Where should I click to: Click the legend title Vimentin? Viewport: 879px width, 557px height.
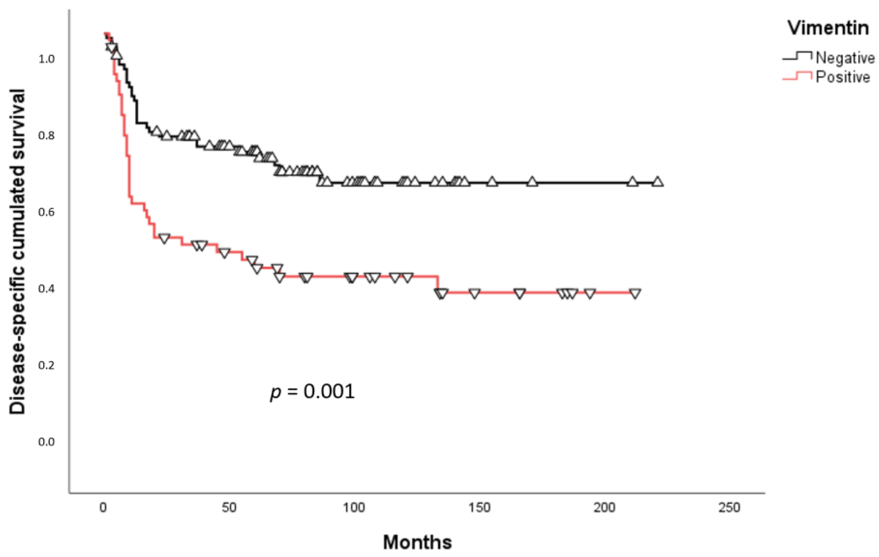828,28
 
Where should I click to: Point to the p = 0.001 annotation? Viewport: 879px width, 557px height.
312,392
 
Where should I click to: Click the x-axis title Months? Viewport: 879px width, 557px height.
417,542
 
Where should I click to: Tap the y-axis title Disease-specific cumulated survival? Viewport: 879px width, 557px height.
17,252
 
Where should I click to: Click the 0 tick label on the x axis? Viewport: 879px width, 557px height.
103,508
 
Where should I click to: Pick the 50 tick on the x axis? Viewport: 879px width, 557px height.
229,508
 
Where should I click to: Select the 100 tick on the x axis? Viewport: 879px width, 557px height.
355,508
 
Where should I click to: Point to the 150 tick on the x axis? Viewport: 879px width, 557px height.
480,508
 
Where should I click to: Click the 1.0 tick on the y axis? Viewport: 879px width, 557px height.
46,59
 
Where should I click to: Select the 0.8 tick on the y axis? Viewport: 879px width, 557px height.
46,136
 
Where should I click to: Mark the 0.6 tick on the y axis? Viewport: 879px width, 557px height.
46,212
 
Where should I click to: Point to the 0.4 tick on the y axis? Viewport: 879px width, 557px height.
46,289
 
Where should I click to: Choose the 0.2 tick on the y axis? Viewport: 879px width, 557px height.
46,365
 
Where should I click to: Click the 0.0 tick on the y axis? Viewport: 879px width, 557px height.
46,442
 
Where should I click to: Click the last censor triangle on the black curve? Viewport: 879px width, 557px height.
657,182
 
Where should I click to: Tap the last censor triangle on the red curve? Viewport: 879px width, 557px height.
635,294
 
